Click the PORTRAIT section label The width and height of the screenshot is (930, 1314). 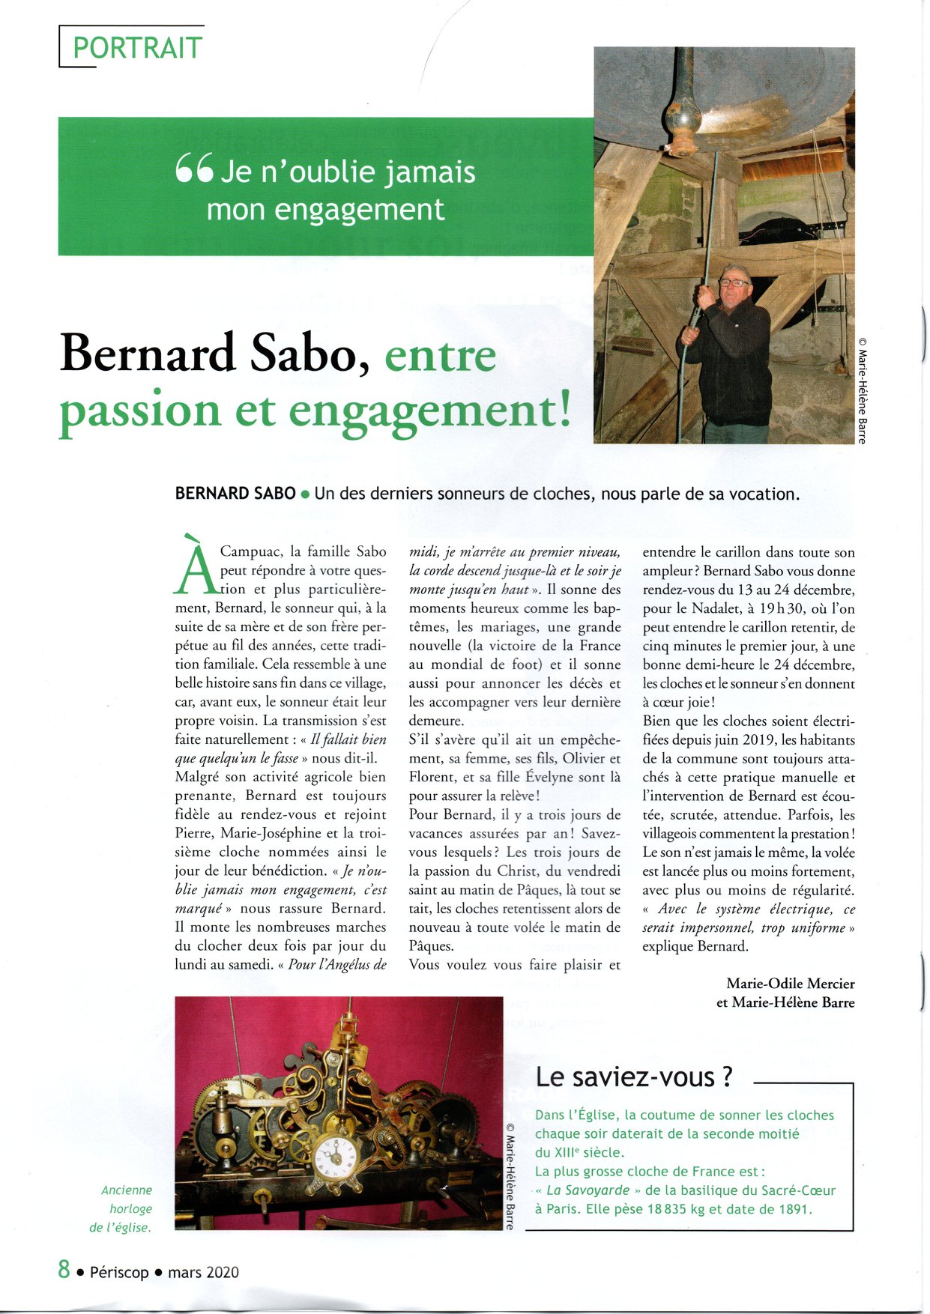[x=137, y=48]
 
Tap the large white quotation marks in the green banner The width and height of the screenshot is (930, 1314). [x=195, y=168]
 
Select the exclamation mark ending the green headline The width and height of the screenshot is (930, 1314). [x=563, y=409]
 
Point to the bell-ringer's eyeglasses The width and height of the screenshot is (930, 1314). [x=734, y=282]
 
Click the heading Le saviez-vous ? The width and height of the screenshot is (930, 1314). [x=633, y=1077]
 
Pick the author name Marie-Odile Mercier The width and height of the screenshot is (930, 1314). [x=790, y=983]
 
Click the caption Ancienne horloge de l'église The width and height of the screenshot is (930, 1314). [x=125, y=1208]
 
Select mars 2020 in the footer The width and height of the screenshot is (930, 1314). [x=203, y=1272]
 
